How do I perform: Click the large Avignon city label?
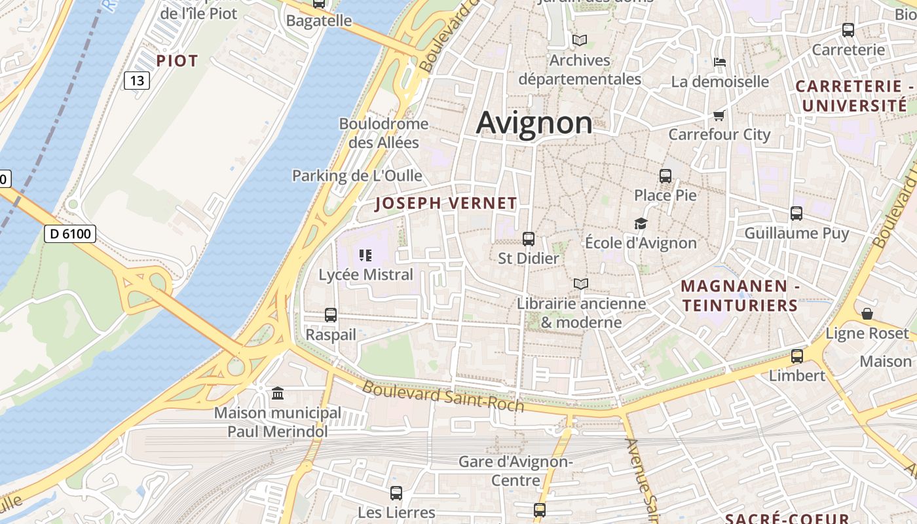click(x=534, y=122)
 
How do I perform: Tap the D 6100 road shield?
click(x=70, y=233)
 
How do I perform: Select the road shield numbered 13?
click(x=137, y=81)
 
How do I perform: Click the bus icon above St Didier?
click(x=529, y=239)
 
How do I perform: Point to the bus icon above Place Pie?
click(x=665, y=176)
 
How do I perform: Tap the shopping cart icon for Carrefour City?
click(x=719, y=116)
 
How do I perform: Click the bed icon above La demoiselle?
click(x=720, y=62)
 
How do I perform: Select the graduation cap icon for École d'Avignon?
click(x=641, y=224)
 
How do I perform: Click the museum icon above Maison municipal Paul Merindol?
click(x=278, y=394)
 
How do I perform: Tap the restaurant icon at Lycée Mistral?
click(x=365, y=255)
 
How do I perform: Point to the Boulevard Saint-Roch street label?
click(x=443, y=396)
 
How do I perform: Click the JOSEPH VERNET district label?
click(x=446, y=204)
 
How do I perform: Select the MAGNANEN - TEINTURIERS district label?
click(x=739, y=295)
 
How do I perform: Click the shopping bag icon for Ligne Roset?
click(x=867, y=314)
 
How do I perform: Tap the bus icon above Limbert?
click(x=796, y=356)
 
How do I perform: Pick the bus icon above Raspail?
click(x=331, y=315)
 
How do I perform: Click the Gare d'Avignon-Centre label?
click(x=515, y=470)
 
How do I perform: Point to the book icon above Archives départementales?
click(x=579, y=41)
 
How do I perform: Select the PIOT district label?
click(x=177, y=61)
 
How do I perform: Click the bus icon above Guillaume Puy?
click(x=796, y=214)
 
